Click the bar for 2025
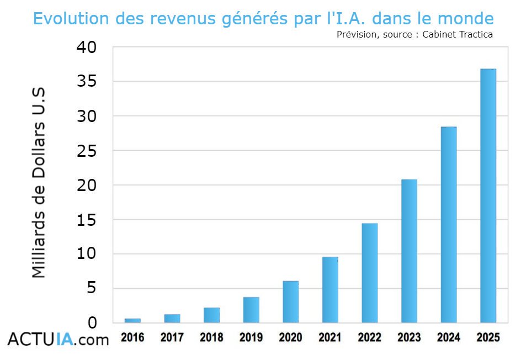(488, 195)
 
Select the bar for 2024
(449, 225)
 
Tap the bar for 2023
(409, 251)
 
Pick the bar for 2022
(370, 273)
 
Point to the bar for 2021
(330, 289)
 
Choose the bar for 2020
(290, 301)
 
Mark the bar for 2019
(251, 310)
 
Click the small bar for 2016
(132, 320)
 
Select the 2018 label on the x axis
(211, 337)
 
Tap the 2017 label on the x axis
(172, 337)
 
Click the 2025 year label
(488, 337)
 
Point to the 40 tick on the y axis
(86, 47)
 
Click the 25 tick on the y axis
(86, 151)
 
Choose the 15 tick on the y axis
(86, 220)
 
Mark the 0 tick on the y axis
(92, 323)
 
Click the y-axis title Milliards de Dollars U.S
(39, 182)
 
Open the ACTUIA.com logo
(58, 339)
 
